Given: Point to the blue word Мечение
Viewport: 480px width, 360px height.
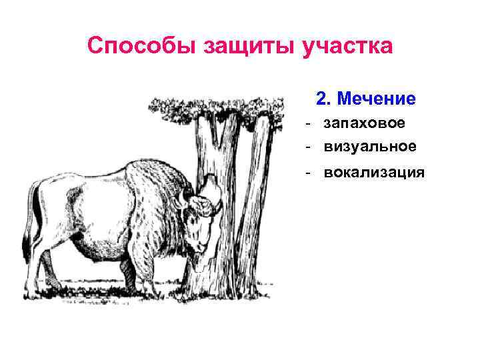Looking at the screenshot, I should point(376,99).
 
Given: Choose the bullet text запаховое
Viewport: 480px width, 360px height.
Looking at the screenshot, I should point(369,123).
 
